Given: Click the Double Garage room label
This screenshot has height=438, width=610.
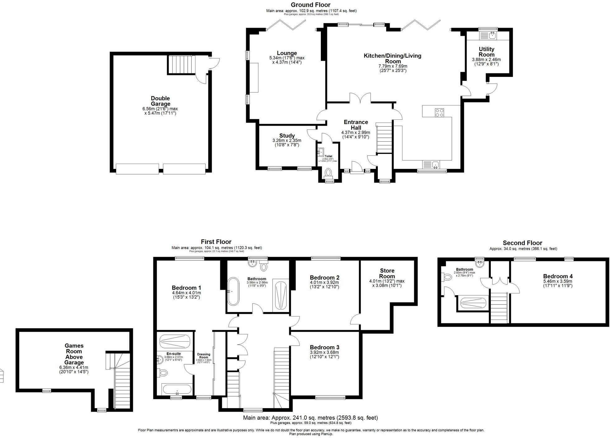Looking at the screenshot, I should pyautogui.click(x=160, y=101).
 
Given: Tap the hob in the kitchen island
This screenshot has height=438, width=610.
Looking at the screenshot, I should pyautogui.click(x=439, y=113).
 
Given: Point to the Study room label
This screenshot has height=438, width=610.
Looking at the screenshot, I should pyautogui.click(x=287, y=136).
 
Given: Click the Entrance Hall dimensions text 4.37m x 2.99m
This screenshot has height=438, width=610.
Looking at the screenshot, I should pyautogui.click(x=355, y=133).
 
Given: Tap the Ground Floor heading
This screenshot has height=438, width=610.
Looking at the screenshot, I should pyautogui.click(x=310, y=5).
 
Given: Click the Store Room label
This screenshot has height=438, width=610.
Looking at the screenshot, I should pyautogui.click(x=387, y=273).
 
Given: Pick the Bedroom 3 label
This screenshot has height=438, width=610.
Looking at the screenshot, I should pyautogui.click(x=324, y=347).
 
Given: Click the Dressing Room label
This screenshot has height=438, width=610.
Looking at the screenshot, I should pyautogui.click(x=204, y=356).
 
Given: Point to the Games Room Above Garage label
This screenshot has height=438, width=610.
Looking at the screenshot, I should pyautogui.click(x=74, y=354).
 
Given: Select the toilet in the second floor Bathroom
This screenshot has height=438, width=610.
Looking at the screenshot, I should pyautogui.click(x=447, y=277).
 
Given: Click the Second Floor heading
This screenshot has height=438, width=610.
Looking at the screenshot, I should pyautogui.click(x=522, y=243).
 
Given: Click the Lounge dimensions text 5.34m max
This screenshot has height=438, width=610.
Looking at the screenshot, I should pyautogui.click(x=287, y=58).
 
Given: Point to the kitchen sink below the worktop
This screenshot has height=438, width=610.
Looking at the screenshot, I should pyautogui.click(x=431, y=164).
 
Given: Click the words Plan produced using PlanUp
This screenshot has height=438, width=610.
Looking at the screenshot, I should pyautogui.click(x=311, y=434).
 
